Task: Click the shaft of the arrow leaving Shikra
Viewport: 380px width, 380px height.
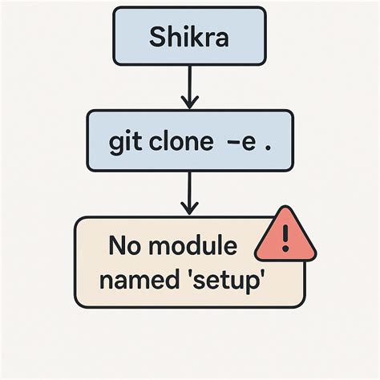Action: pyautogui.click(x=189, y=80)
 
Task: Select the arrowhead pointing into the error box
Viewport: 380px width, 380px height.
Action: pyautogui.click(x=189, y=210)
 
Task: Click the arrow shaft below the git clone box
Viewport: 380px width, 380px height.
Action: pyautogui.click(x=189, y=188)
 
